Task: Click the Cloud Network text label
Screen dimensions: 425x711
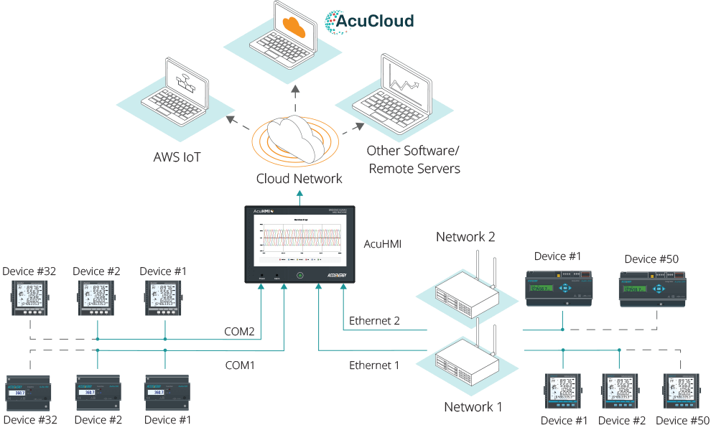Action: tap(299, 178)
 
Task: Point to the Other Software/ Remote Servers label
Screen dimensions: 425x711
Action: tap(414, 160)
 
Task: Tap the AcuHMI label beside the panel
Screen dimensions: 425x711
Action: tap(382, 244)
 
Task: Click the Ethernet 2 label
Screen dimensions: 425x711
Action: tap(374, 321)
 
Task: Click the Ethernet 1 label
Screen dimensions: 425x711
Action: tap(374, 365)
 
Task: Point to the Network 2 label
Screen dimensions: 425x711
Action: tap(465, 237)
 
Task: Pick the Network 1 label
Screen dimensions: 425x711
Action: tap(473, 408)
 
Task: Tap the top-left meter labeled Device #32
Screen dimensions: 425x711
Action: tap(24, 298)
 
